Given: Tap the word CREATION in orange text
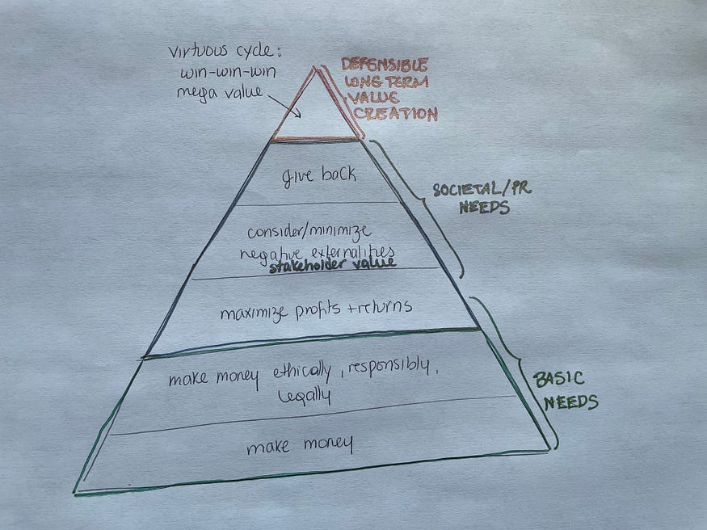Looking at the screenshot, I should click(x=396, y=114).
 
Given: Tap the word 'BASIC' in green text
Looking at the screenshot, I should click(x=557, y=379).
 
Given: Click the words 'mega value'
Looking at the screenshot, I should click(x=219, y=91).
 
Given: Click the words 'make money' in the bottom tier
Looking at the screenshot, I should click(x=300, y=444).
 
